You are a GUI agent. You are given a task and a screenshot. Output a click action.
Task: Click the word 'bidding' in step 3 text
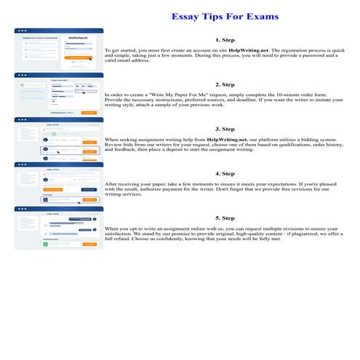coord(304,138)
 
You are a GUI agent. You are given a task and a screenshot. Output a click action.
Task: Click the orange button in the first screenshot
coord(79,57)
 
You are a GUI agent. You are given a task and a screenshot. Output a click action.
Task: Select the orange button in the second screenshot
coord(88,113)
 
